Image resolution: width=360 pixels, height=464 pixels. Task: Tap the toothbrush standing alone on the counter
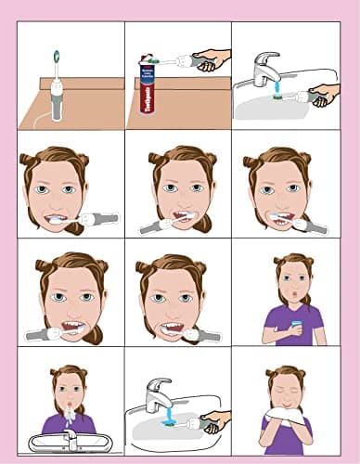pyautogui.click(x=56, y=88)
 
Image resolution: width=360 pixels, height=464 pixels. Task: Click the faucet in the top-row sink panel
pyautogui.click(x=264, y=69)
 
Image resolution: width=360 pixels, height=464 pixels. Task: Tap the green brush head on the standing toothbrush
pyautogui.click(x=56, y=55)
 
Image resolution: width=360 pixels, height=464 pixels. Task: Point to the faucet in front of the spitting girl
pyautogui.click(x=70, y=433)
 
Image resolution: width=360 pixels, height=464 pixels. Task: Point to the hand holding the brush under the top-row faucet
pyautogui.click(x=322, y=94)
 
